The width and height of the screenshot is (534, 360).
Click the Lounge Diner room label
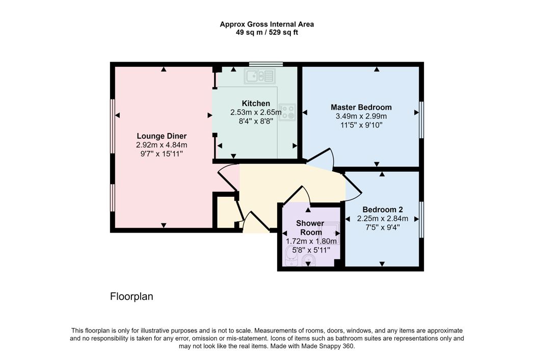162,136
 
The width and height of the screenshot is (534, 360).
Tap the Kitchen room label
256,104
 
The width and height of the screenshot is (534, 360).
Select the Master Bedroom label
361,107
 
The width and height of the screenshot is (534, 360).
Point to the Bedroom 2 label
383,210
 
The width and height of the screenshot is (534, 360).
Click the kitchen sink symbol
259,76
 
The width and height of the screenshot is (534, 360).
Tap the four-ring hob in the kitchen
287,112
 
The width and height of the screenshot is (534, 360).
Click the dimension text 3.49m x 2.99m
361,116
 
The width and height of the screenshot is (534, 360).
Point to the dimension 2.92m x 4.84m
162,145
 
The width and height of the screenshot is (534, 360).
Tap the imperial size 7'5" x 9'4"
383,227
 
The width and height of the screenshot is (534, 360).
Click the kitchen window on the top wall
266,64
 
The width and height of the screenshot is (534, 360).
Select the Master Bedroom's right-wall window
421,120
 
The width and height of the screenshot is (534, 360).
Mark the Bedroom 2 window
421,219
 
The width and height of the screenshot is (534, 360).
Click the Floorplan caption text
131,297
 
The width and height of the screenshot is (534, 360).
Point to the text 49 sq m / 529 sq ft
266,33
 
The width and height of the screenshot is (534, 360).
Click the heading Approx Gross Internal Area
266,24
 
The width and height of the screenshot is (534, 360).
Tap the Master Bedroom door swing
320,159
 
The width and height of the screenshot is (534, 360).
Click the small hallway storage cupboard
226,212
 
